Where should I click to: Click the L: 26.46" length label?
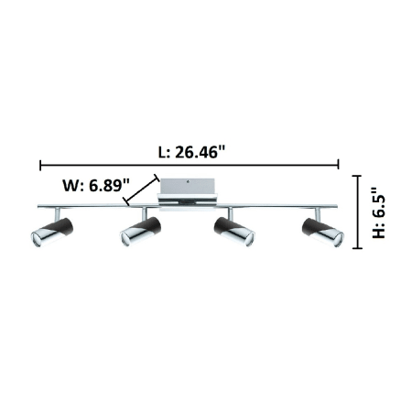click(191, 152)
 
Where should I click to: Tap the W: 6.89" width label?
click(96, 185)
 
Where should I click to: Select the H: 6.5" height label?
click(379, 212)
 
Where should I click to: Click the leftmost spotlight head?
click(52, 233)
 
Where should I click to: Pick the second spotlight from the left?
click(140, 232)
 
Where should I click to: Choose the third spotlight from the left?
click(234, 232)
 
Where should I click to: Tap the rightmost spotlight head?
click(323, 233)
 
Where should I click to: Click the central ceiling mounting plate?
click(187, 194)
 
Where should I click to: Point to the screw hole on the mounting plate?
click(188, 182)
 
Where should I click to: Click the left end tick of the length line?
click(40, 165)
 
